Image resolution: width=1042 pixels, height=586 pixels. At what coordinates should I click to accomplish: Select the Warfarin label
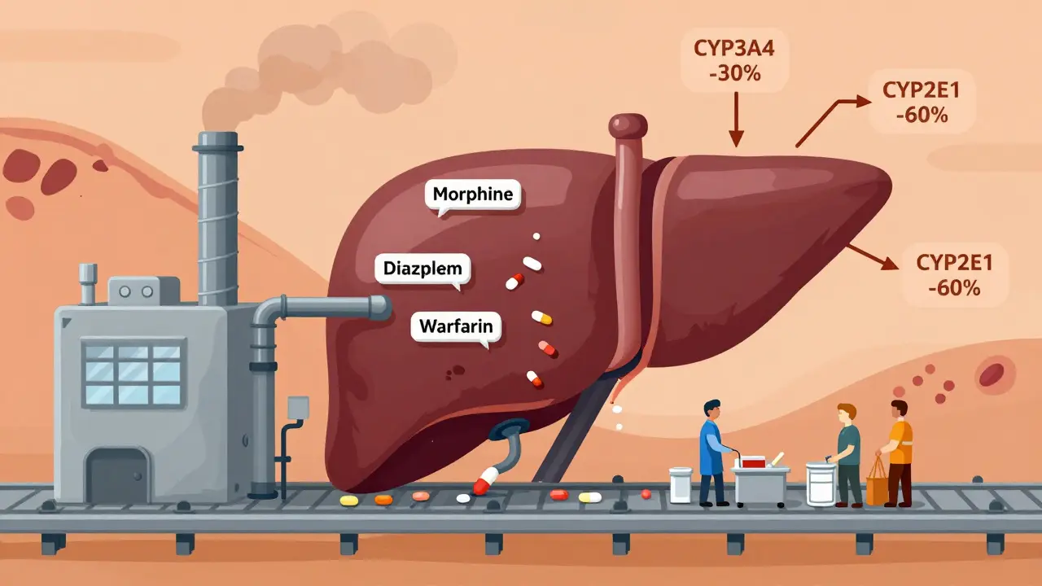tap(456, 327)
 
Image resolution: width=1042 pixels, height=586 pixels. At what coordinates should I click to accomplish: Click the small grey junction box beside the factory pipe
tap(298, 407)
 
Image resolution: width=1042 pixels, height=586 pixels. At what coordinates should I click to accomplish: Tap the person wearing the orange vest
tap(900, 452)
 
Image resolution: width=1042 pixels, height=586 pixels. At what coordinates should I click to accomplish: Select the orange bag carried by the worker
tap(878, 483)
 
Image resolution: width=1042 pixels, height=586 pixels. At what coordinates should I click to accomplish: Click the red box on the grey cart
tap(753, 461)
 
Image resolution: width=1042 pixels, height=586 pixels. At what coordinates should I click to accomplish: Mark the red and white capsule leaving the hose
tap(485, 482)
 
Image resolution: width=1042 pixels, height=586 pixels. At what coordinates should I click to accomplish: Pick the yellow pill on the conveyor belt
tap(348, 500)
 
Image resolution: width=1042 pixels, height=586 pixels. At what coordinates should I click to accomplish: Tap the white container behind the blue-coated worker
tap(680, 484)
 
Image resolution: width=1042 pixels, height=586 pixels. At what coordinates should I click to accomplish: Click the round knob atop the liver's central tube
tap(628, 125)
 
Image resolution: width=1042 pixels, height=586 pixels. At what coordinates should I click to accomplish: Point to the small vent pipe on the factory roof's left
tap(88, 281)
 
